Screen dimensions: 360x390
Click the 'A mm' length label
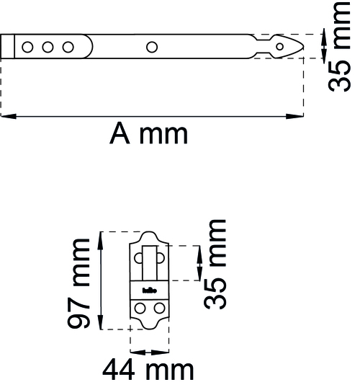click(x=148, y=133)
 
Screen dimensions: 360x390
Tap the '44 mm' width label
click(x=148, y=370)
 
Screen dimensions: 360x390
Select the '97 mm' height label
click(x=78, y=283)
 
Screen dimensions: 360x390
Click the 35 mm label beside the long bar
click(x=339, y=47)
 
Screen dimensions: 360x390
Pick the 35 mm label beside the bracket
click(x=215, y=264)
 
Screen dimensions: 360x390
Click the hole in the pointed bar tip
click(x=280, y=47)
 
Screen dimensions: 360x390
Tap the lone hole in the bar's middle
click(x=152, y=47)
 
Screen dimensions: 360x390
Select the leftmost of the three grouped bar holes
click(x=27, y=47)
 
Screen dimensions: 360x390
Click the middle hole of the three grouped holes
click(x=48, y=47)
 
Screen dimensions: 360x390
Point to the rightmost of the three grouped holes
click(x=68, y=47)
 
